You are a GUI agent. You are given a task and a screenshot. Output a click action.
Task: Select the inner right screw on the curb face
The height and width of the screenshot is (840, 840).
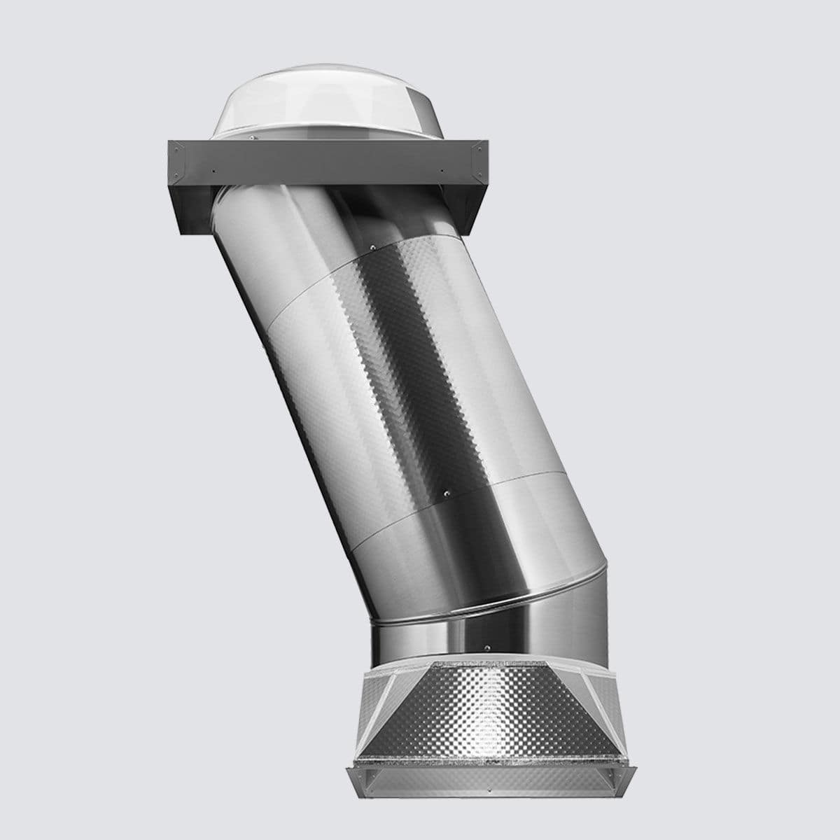pos(442,170)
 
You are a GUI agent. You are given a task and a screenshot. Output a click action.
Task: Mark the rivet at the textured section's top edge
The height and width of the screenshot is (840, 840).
pos(373,246)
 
